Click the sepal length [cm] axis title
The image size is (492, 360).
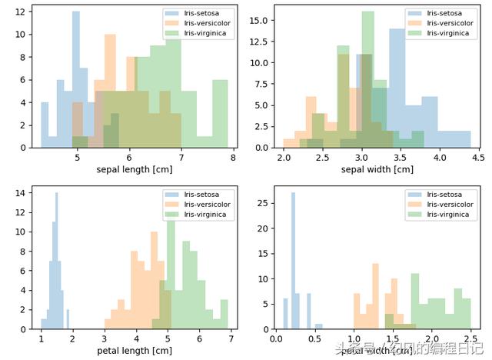coord(129,169)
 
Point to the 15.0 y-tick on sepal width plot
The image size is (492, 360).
coord(258,20)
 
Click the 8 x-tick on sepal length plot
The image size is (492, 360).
coord(233,157)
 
